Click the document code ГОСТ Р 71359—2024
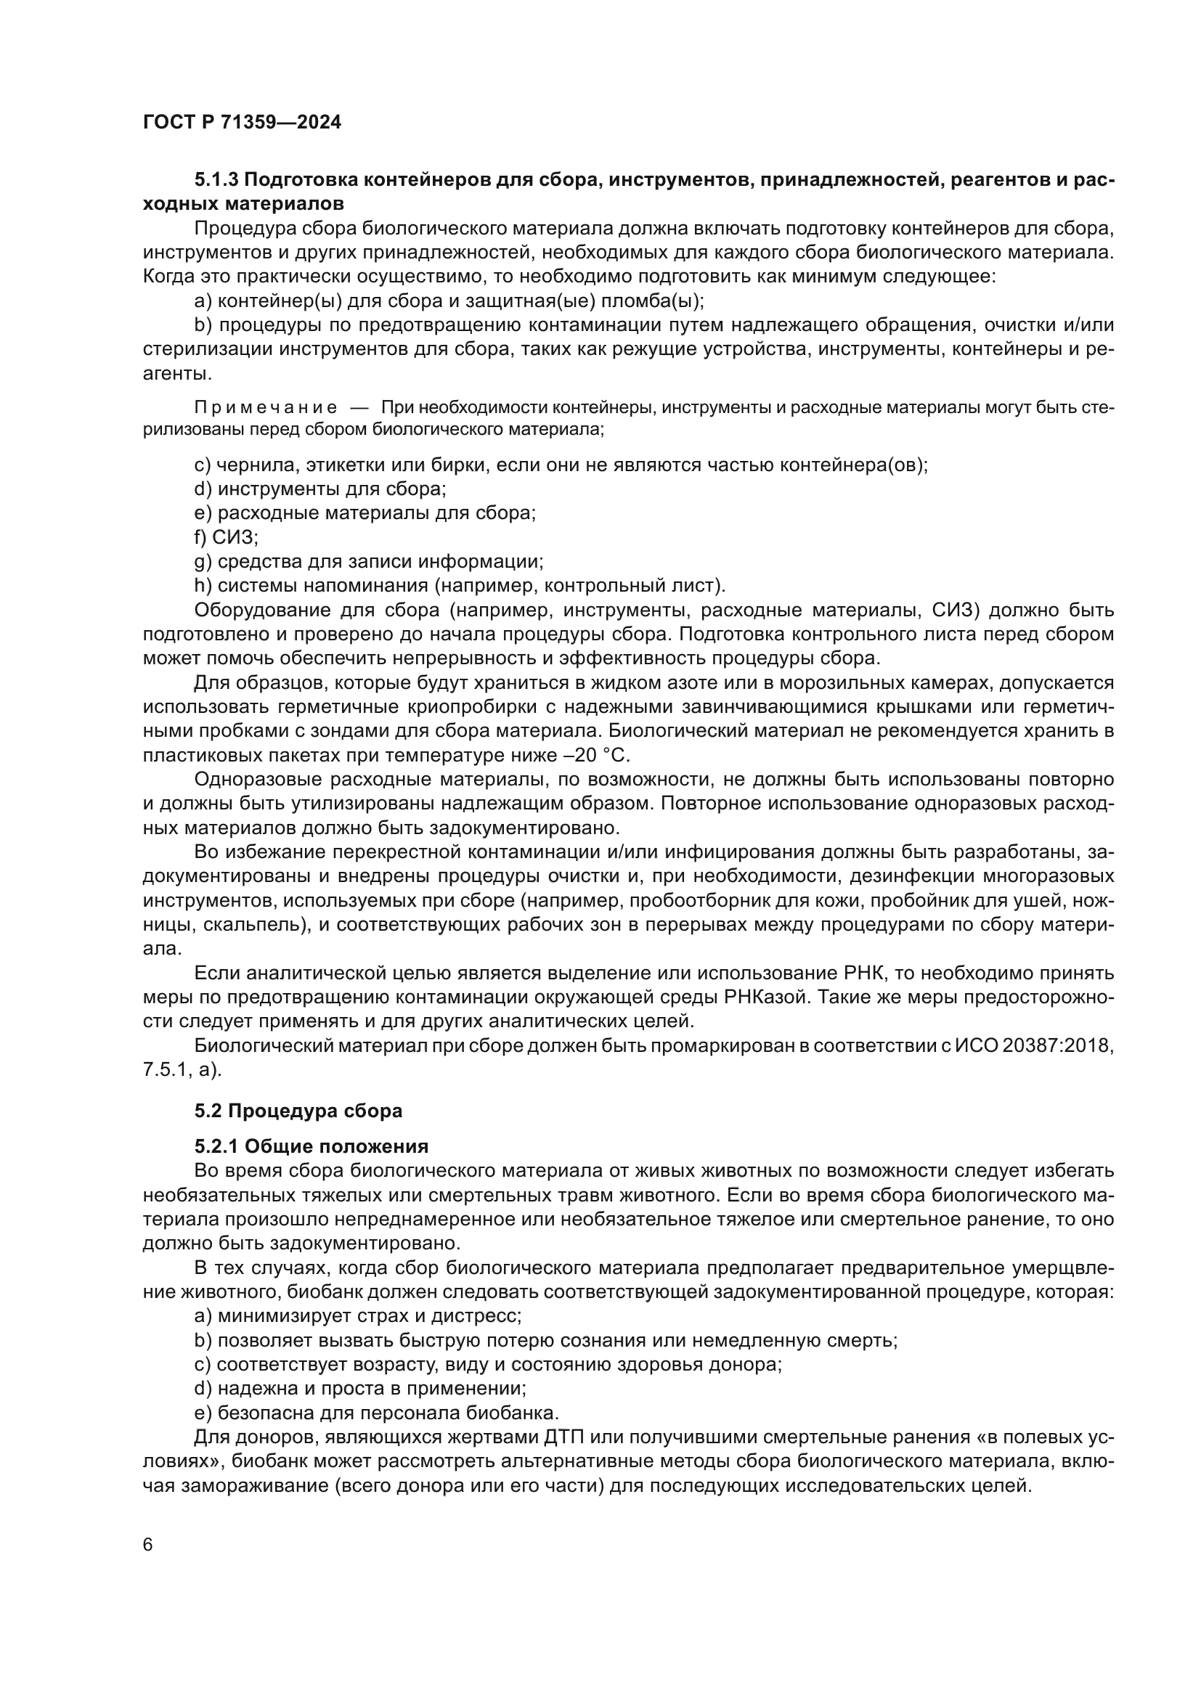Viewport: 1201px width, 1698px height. (x=242, y=123)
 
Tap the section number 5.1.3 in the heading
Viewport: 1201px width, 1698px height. (x=216, y=180)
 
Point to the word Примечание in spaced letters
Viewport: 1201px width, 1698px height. (x=266, y=407)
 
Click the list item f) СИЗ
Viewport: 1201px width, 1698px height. (x=226, y=537)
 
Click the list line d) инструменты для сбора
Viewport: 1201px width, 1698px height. (x=319, y=489)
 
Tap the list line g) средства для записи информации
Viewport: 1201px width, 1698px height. (x=368, y=561)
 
